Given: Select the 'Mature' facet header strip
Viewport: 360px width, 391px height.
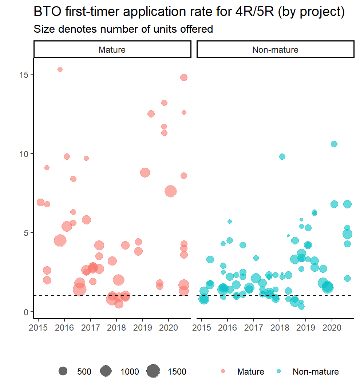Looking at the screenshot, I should tap(112, 49).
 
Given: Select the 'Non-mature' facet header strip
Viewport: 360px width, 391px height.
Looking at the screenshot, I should tap(275, 49).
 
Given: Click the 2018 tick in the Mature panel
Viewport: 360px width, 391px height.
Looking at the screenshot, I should tap(116, 327).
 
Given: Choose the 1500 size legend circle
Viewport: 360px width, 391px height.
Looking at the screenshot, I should tap(153, 371).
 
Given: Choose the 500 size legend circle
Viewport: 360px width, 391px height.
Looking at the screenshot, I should tap(63, 371).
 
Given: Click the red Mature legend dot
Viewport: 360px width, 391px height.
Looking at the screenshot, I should tap(223, 371).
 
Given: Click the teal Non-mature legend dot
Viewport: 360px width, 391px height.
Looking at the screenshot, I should tap(279, 371).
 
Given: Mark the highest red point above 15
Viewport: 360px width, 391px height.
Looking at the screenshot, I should tap(60, 69).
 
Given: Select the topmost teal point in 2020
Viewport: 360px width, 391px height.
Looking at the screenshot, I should tap(334, 144).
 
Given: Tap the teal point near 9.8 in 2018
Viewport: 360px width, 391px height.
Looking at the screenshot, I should tap(282, 156).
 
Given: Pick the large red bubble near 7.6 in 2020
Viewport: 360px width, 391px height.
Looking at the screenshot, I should tap(171, 191).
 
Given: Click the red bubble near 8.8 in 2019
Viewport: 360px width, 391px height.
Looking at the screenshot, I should tap(145, 172).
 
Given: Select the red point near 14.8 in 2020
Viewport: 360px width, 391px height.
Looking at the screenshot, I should tap(184, 77).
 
